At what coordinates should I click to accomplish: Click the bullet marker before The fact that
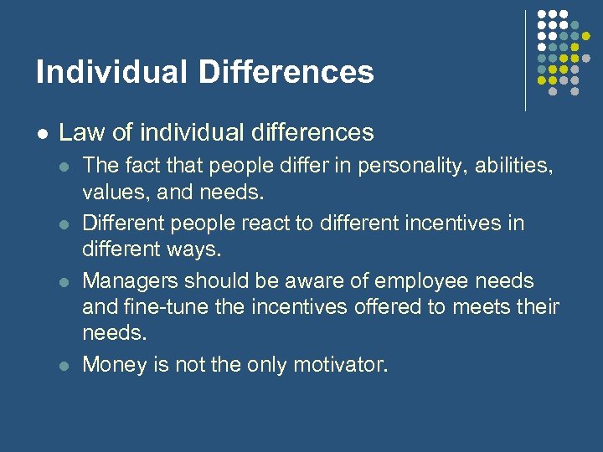(64, 166)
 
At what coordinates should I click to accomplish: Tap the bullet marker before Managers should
(64, 280)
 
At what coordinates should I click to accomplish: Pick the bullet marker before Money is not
(64, 365)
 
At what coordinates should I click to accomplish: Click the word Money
(110, 365)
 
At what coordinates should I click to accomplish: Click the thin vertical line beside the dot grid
(525, 59)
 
